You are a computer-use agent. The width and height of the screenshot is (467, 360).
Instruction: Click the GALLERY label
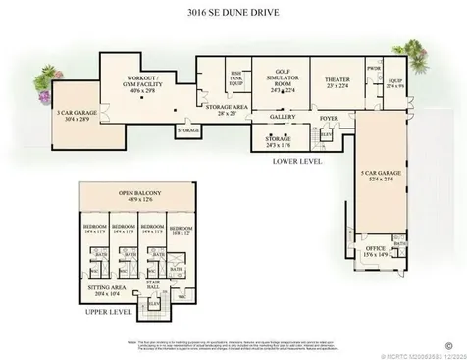(x=282, y=117)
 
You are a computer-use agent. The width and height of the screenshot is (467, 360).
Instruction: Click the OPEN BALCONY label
(x=139, y=196)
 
